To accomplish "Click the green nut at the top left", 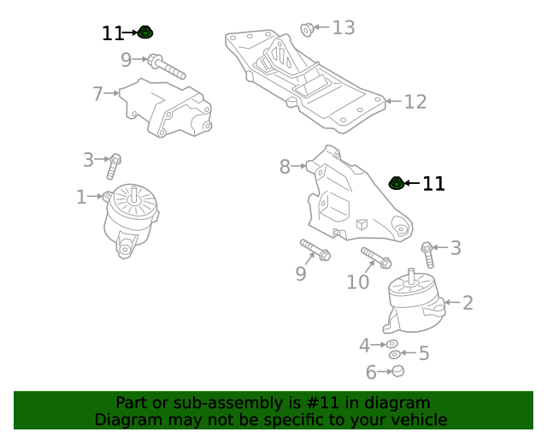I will click(145, 33).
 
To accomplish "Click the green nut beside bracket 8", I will click(397, 182).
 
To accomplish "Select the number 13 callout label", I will click(343, 28).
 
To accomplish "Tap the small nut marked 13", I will click(307, 31).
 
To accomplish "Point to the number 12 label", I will click(415, 102).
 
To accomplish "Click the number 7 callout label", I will click(97, 93).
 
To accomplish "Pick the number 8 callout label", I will click(285, 167).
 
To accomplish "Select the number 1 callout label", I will click(81, 198).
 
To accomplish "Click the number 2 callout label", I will click(468, 302).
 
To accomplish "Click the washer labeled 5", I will click(394, 354).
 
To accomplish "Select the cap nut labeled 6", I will click(397, 370).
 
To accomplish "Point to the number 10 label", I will click(358, 281).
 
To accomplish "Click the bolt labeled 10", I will click(376, 257).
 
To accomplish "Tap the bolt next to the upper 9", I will click(167, 65).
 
